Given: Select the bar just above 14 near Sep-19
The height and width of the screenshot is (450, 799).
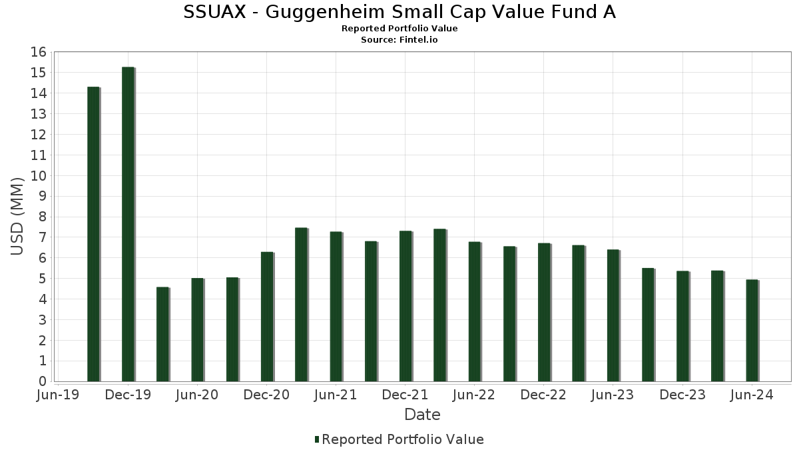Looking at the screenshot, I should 93,234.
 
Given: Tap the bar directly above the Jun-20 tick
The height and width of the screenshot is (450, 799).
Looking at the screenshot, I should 197,329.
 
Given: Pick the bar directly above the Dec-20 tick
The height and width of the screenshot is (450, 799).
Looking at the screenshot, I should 266,317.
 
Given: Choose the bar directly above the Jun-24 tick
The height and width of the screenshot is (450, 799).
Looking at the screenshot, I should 752,330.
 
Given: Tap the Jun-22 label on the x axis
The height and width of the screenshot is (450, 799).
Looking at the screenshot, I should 474,395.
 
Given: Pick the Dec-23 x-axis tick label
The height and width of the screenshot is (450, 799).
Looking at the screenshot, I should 682,395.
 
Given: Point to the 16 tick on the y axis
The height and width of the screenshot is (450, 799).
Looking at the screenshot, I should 39,52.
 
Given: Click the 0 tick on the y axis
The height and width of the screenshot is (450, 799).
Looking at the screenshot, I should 42,381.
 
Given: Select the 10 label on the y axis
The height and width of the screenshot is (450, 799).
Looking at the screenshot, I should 39,175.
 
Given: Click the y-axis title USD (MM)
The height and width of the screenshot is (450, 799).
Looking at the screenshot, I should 18,217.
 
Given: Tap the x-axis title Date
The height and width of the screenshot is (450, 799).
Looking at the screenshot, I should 422,415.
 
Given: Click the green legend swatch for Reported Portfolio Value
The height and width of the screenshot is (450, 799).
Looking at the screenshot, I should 317,439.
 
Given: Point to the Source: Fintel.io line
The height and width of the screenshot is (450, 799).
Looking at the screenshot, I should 400,39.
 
